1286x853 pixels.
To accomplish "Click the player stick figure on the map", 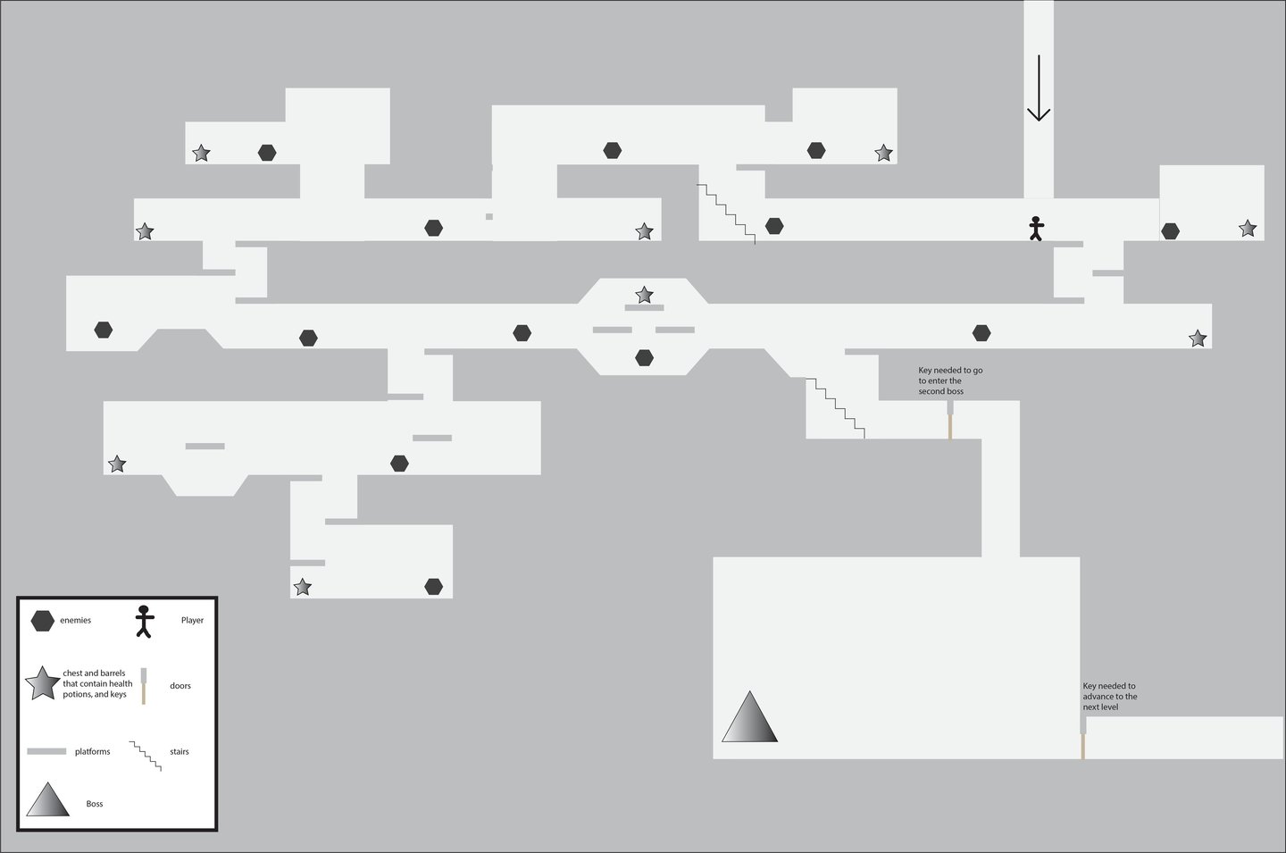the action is coord(1036,229).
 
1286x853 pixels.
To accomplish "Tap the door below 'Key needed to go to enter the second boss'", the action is coord(950,420).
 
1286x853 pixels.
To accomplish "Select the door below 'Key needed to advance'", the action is coord(1083,738).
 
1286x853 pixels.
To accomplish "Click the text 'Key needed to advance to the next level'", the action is coord(1110,697).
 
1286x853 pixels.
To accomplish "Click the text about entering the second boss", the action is coord(950,381).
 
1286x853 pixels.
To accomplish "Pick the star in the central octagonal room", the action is coord(644,295).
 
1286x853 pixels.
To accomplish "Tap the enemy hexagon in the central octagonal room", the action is coord(644,358).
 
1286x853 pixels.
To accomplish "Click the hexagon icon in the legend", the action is coord(42,621).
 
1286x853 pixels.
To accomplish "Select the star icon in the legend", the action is coord(42,684).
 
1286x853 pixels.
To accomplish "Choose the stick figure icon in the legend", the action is coord(144,621).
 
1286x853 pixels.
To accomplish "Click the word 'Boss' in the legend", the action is coord(95,804).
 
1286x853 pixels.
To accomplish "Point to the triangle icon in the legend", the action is coord(48,800).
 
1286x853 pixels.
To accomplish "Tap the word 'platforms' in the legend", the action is coord(93,752).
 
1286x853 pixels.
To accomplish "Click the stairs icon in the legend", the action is coord(146,756).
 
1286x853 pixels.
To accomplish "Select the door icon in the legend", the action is coord(144,686).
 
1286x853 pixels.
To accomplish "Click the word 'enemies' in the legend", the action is coord(76,621).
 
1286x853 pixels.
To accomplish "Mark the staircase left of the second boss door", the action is coord(836,407).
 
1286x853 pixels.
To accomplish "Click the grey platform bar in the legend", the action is coord(47,752).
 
